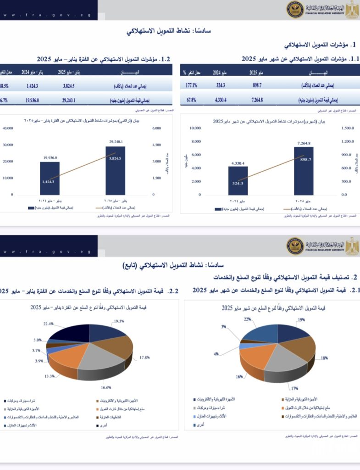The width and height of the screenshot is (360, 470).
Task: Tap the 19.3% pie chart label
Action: pos(119,321)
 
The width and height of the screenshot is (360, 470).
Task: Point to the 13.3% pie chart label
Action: pos(49,376)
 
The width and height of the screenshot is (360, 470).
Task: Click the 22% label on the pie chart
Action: pos(247,319)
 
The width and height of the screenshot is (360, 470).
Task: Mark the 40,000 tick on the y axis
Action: pos(8,128)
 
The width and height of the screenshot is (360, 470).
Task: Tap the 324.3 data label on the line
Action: pos(238,184)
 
